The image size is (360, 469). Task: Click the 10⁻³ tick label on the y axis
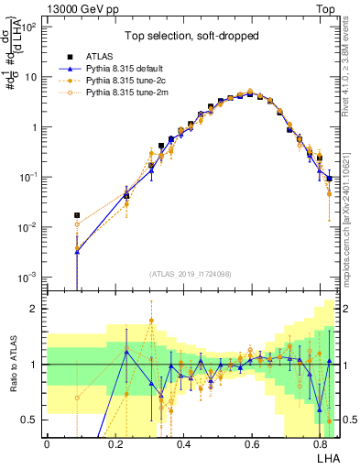tap(28, 277)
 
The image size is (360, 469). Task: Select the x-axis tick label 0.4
tap(183, 443)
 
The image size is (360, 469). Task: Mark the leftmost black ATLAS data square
tap(78, 215)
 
